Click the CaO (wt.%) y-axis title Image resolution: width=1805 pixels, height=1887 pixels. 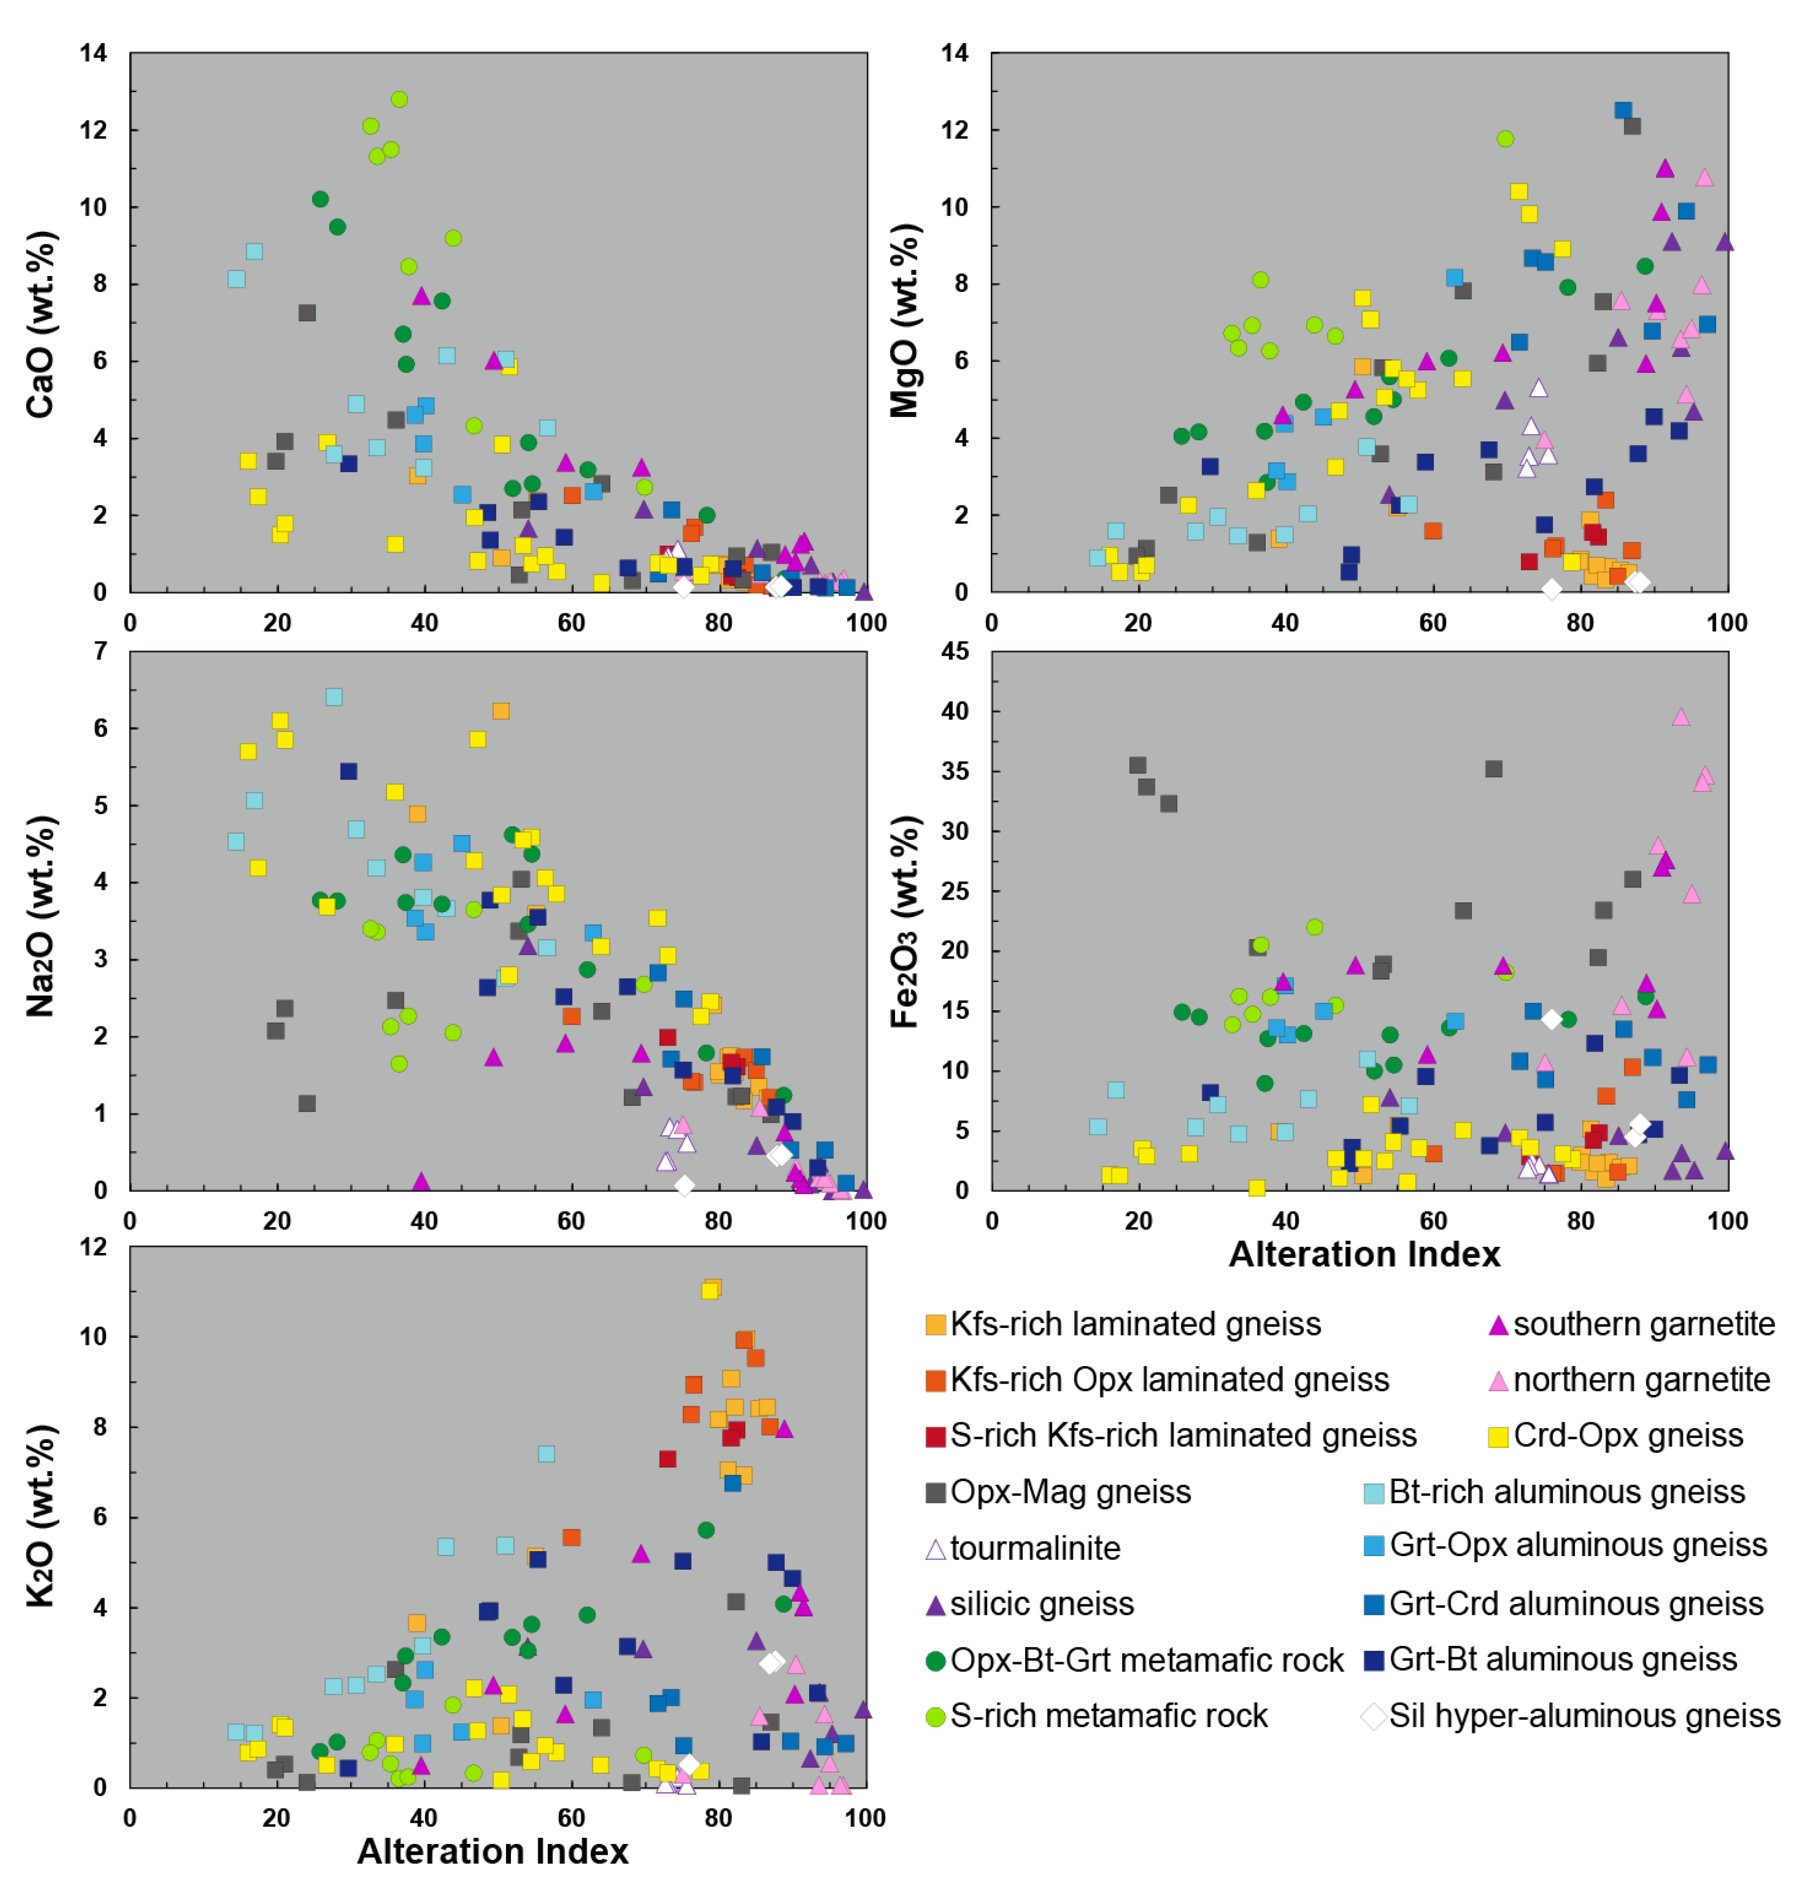[40, 324]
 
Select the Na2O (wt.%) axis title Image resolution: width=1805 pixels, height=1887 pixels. [40, 917]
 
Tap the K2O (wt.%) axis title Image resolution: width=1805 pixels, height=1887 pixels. [40, 1516]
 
